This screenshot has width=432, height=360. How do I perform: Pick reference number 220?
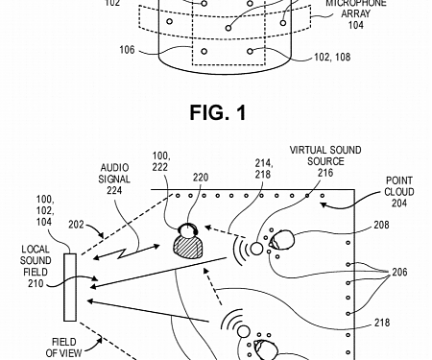click(200, 177)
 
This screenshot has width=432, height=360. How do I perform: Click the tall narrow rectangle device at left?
click(69, 287)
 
